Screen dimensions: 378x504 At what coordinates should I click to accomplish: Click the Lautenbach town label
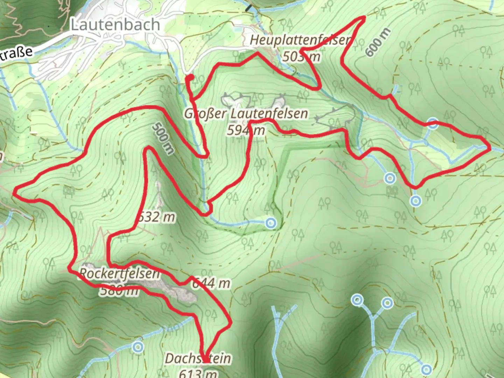coord(115,24)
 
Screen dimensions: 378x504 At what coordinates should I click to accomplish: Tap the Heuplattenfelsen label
coord(300,40)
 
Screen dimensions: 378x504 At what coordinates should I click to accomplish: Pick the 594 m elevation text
coord(246,130)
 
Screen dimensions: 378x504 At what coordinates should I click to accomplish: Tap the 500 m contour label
coord(163,138)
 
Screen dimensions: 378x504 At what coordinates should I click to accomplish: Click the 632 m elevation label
coord(156,217)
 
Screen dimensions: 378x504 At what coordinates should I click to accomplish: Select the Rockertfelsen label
coord(119,273)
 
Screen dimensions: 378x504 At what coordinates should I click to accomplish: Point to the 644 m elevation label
coord(211,283)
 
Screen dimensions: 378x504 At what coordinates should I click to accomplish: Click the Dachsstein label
coord(198,358)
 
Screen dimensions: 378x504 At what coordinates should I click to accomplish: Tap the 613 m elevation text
coord(198,373)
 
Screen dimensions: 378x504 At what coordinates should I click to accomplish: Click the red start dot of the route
coord(189,77)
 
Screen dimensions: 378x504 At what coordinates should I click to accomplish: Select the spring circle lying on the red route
coord(433,124)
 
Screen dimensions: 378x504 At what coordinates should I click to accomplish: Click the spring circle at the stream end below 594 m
coord(271,223)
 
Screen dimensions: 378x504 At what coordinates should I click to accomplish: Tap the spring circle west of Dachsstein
coord(138,347)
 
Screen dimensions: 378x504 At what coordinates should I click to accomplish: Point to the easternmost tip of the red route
coord(489,148)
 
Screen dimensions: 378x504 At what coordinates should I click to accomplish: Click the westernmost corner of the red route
coord(14,191)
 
